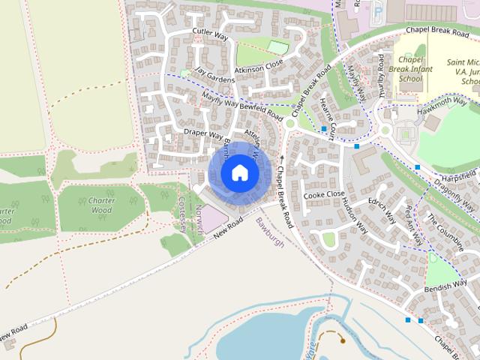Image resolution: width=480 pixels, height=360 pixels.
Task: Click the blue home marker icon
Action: [x=238, y=173]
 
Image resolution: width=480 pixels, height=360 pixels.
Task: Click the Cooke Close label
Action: [x=323, y=195]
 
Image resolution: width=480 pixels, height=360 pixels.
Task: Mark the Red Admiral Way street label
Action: [x=415, y=222]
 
